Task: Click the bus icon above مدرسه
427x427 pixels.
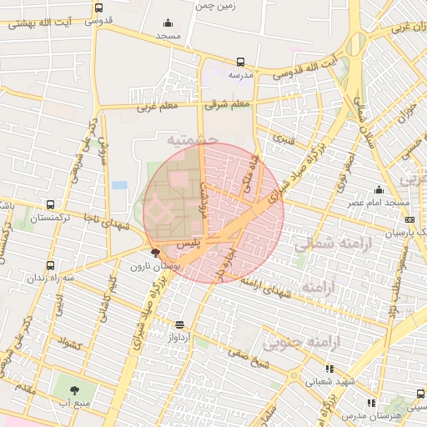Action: [240, 62]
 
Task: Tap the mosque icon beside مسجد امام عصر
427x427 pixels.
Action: [379, 189]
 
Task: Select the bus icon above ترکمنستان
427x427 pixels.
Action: [52, 204]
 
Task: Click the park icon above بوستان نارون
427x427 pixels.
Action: [155, 254]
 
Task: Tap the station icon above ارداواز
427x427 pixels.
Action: [180, 324]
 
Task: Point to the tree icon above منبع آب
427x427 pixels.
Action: [76, 389]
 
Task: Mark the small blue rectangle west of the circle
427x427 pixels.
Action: [119, 184]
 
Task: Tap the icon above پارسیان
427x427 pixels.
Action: [409, 219]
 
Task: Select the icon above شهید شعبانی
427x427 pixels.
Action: [329, 369]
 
